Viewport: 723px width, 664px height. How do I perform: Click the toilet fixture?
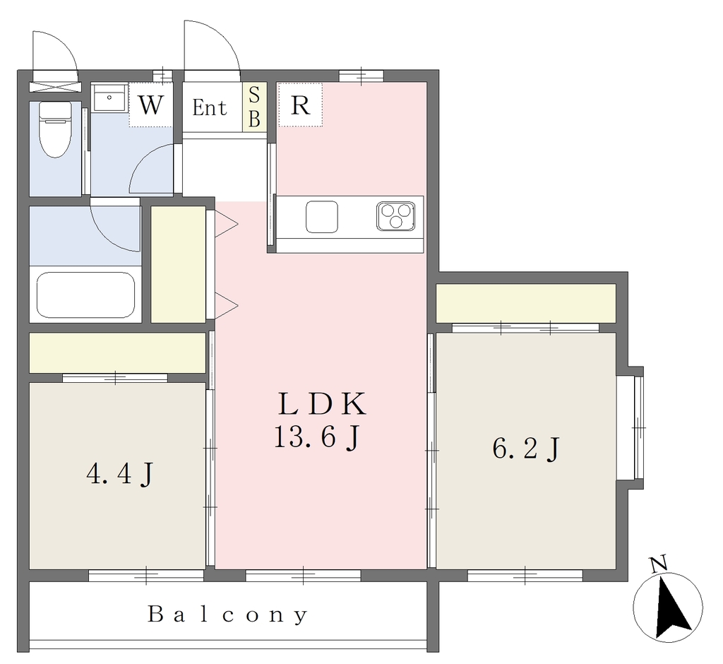point(55,129)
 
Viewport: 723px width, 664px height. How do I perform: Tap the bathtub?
point(85,295)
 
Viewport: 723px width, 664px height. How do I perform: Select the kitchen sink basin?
point(322,217)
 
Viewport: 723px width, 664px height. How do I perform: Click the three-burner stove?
point(395,216)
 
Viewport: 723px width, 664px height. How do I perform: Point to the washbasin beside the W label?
point(109,97)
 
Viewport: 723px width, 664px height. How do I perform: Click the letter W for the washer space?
point(151,105)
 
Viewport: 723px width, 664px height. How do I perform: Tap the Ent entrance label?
point(210,108)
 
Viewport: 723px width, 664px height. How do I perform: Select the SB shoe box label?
point(254,107)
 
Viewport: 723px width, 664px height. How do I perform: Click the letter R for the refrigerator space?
point(301,105)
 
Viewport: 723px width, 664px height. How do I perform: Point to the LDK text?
point(322,403)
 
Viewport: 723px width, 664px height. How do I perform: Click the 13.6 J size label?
point(316,437)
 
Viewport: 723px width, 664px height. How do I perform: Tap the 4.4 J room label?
point(119,474)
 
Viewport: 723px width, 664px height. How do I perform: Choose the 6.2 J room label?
point(526,449)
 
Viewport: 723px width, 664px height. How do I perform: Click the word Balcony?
point(227,615)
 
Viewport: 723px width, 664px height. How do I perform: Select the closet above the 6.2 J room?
point(526,303)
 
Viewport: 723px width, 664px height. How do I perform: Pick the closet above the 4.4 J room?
point(117,352)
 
